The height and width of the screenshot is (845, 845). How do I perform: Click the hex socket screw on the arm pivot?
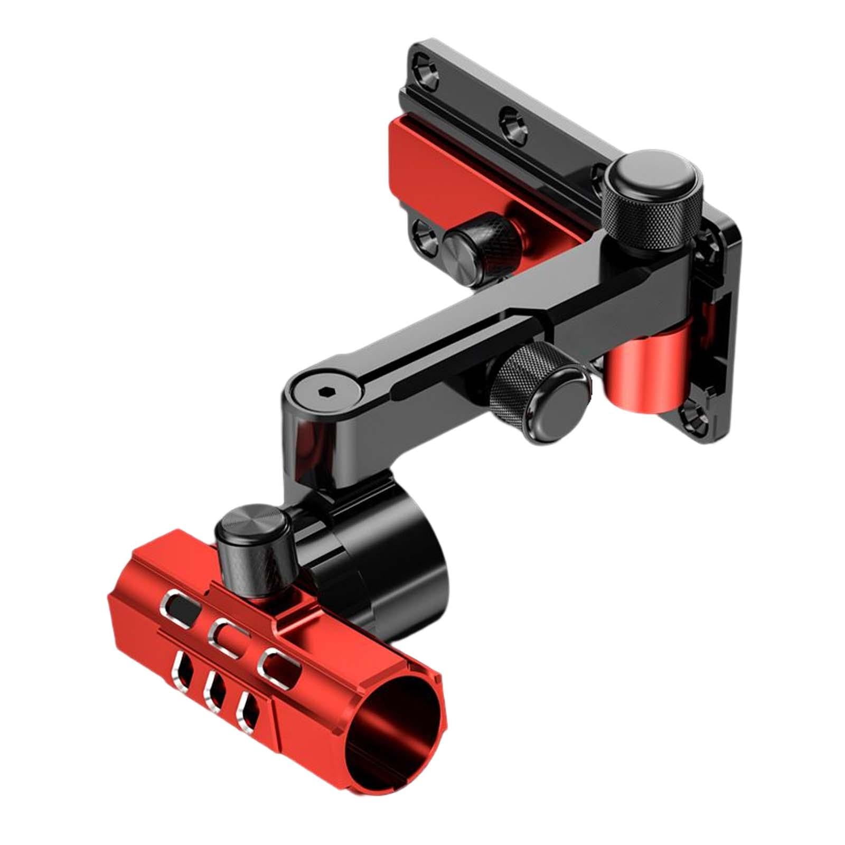coord(323,392)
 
